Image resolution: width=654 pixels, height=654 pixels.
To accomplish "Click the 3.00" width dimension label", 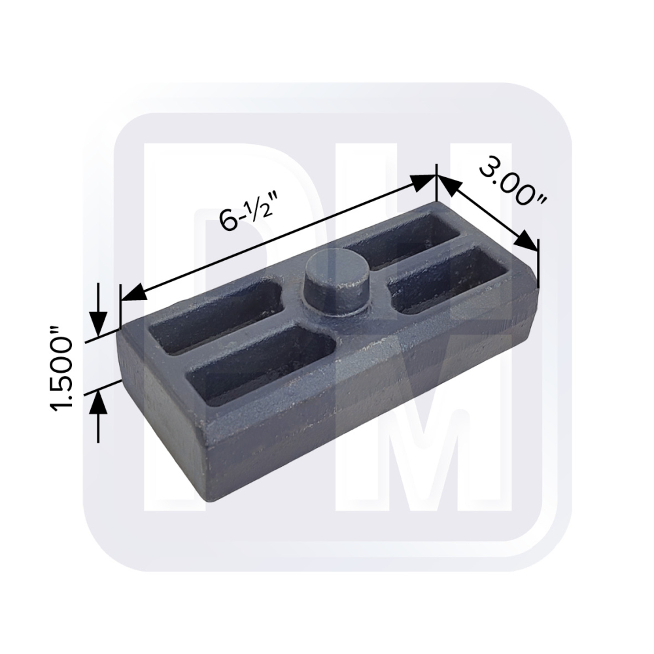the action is [x=513, y=182].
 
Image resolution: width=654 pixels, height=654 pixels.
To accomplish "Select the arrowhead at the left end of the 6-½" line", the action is [x=133, y=292].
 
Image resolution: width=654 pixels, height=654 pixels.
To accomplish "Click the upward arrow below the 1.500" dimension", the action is [x=98, y=416].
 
